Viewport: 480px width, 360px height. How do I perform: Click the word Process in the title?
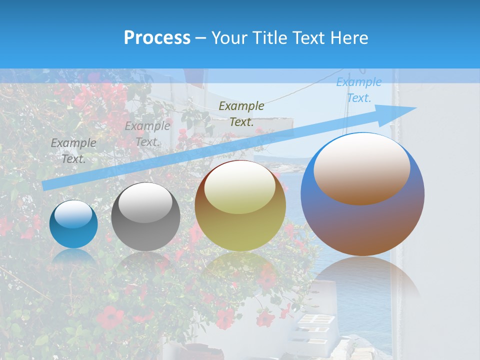coord(157,38)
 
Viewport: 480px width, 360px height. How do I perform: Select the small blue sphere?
coord(73,224)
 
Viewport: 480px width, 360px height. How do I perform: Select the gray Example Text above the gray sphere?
coord(147,134)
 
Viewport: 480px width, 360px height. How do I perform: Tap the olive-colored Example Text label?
coord(241,113)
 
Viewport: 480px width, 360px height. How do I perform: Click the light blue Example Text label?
coord(358,90)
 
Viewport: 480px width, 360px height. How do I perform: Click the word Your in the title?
coord(229,38)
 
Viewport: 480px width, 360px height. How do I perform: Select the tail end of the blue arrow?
coord(46,185)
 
